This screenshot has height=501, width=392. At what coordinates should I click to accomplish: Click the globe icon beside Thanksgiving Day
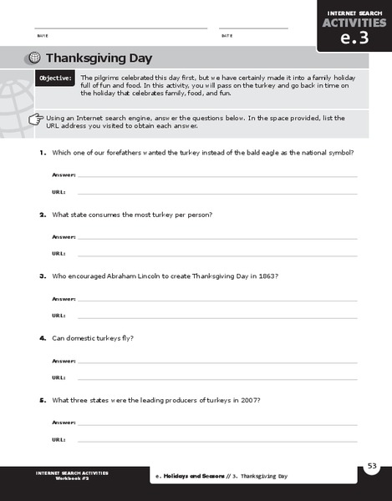[33, 58]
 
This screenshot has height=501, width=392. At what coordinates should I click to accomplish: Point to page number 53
[372, 465]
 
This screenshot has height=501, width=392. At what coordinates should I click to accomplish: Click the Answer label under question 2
[64, 237]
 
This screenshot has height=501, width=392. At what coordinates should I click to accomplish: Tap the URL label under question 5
[59, 438]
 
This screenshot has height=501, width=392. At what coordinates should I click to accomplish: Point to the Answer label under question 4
[64, 361]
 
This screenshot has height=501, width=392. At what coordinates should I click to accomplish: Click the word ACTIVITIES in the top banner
[354, 22]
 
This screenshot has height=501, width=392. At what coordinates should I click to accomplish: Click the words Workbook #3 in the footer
[72, 478]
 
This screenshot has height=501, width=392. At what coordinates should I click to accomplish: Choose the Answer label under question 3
[64, 299]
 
